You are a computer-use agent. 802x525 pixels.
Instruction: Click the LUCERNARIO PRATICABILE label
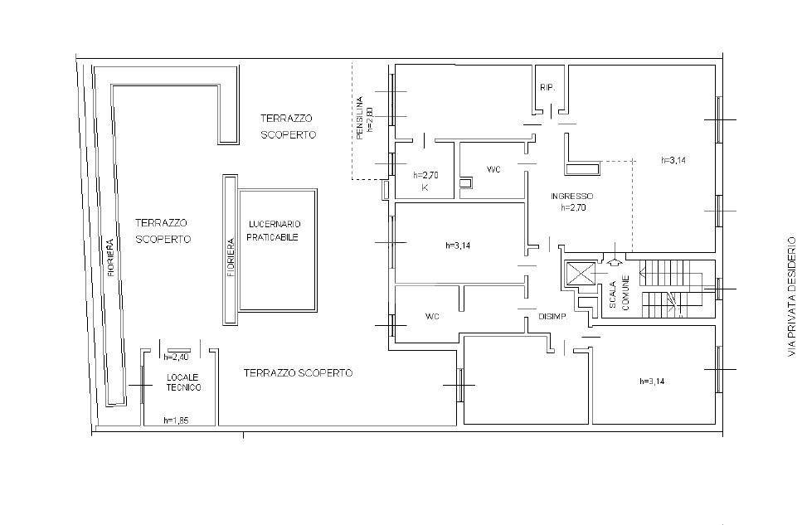pos(274,231)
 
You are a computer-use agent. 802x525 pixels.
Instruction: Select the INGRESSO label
pos(571,196)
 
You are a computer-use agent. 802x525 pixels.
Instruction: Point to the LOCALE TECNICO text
pos(183,382)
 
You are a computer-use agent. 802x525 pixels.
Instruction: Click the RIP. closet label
pos(547,88)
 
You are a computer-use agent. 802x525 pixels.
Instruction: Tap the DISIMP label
pos(552,317)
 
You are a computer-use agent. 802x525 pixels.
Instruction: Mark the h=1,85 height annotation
pos(176,420)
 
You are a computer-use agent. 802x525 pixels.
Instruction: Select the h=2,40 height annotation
pos(176,357)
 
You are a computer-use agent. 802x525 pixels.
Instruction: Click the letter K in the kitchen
pos(425,187)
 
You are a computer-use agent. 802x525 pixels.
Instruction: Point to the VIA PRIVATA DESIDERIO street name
pos(792,296)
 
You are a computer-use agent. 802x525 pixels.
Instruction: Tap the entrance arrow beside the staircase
pos(615,261)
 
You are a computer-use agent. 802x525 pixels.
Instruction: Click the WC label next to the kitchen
pos(493,169)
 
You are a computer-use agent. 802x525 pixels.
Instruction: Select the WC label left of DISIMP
pos(432,317)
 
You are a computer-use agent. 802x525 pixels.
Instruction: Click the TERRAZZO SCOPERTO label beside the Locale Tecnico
pos(299,373)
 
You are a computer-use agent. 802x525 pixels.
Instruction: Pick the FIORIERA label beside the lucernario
pos(231,258)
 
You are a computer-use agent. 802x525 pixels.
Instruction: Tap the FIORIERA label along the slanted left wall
pos(110,258)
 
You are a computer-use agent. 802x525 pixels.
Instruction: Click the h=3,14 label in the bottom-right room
pos(653,382)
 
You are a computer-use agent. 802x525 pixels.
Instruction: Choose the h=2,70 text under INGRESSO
pos(573,207)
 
